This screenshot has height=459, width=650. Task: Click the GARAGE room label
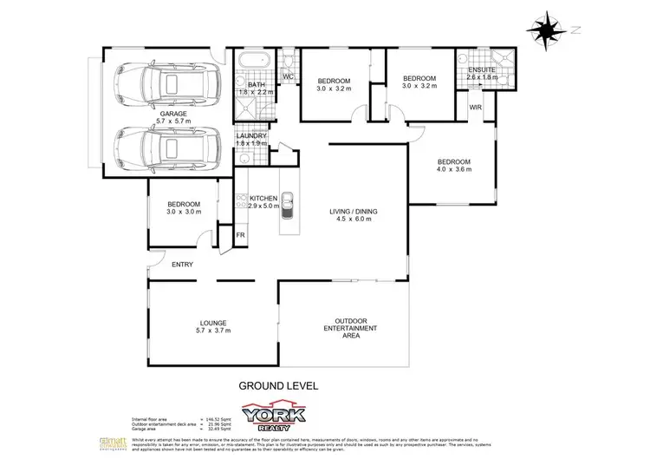pos(174,114)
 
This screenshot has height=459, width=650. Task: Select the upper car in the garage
pos(165,84)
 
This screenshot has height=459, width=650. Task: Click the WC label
pos(289,77)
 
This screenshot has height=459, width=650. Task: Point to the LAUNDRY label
pos(251,136)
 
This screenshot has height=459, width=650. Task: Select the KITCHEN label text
pos(263,199)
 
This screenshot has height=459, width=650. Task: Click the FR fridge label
pos(229,233)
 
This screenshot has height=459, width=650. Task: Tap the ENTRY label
pos(182,265)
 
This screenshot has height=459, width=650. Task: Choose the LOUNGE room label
pos(212,323)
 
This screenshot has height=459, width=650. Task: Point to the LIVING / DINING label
pos(354,211)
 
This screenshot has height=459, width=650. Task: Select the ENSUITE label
pos(481,69)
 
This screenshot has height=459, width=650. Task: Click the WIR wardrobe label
pos(475,107)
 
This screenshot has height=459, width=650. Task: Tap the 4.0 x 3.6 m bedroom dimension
pos(453,170)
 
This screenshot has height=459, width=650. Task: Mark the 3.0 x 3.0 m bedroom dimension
pos(184,211)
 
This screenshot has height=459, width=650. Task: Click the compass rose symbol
pos(545,30)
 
